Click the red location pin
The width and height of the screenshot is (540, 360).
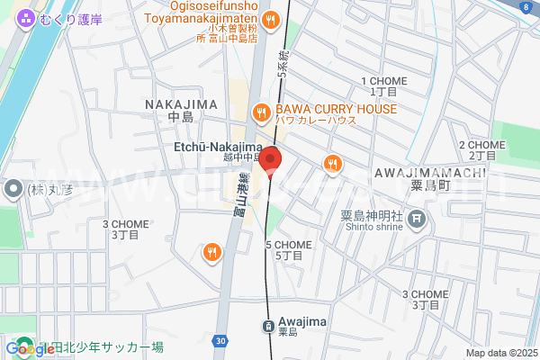pyautogui.click(x=271, y=158)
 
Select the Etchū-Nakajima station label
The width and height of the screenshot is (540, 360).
pyautogui.click(x=218, y=146)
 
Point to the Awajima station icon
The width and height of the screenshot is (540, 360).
pyautogui.click(x=268, y=326)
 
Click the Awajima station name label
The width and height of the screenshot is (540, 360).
pyautogui.click(x=297, y=322)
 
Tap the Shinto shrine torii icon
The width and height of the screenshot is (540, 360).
pyautogui.click(x=418, y=219)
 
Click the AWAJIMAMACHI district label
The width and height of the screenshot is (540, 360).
pyautogui.click(x=430, y=172)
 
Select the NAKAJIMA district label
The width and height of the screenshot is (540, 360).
pyautogui.click(x=181, y=104)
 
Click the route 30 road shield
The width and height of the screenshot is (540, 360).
pyautogui.click(x=220, y=339)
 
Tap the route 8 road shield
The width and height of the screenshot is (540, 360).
pyautogui.click(x=525, y=7)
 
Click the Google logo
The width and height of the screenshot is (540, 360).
pyautogui.click(x=29, y=348)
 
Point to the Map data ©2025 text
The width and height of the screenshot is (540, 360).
pyautogui.click(x=499, y=353)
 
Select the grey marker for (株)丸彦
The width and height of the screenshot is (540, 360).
pyautogui.click(x=13, y=190)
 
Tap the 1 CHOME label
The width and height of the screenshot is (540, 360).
pyautogui.click(x=384, y=81)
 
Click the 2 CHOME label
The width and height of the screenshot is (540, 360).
pyautogui.click(x=482, y=144)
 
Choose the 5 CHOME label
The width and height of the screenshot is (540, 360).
pyautogui.click(x=288, y=245)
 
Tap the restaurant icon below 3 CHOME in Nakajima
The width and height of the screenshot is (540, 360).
pyautogui.click(x=212, y=252)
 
